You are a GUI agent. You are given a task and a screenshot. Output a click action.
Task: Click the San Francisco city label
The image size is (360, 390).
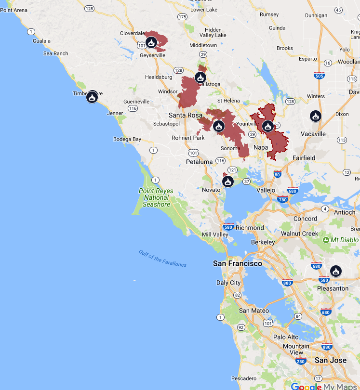238,263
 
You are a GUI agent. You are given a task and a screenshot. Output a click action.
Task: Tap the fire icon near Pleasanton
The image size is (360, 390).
336,271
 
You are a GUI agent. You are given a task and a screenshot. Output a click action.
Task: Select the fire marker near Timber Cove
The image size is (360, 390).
92,97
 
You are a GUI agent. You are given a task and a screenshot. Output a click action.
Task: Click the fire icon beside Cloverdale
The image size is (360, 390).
151,42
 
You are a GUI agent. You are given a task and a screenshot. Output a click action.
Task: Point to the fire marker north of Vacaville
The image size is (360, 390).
315,116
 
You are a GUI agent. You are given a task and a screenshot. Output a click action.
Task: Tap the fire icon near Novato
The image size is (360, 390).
227,182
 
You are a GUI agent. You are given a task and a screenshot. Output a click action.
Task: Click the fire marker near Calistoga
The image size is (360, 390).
200,78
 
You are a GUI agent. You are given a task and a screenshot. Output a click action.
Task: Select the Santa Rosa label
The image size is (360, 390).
186,115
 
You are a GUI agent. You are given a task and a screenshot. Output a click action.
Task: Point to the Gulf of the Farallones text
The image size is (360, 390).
162,259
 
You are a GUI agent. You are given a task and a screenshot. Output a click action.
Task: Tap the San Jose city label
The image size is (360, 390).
331,360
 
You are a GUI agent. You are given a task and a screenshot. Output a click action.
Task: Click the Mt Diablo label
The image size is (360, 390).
345,239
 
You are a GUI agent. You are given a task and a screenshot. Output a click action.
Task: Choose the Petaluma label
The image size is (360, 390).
199,162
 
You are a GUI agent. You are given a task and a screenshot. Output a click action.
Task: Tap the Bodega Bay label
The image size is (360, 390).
127,139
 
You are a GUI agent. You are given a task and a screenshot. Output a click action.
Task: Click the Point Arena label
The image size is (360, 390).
14,10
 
